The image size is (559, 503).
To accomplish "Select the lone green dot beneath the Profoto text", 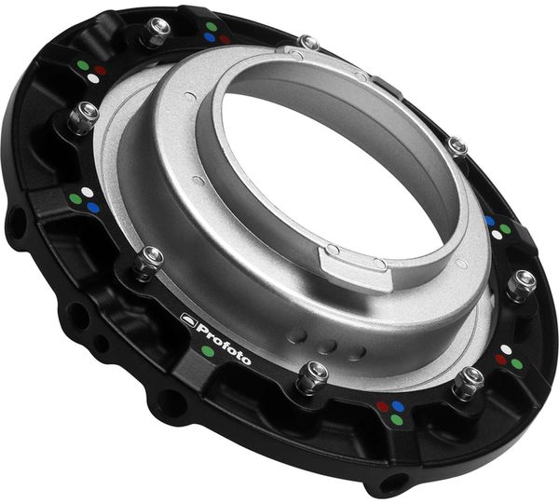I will click(207, 351).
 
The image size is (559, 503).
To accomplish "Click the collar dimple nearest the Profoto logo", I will click(298, 337).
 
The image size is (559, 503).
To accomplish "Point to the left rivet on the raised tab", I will click(332, 250).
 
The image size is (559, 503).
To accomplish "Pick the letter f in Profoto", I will click(222, 340).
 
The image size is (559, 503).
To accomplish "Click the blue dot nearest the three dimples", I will click(398, 406).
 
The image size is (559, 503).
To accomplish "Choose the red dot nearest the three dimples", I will click(382, 406).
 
